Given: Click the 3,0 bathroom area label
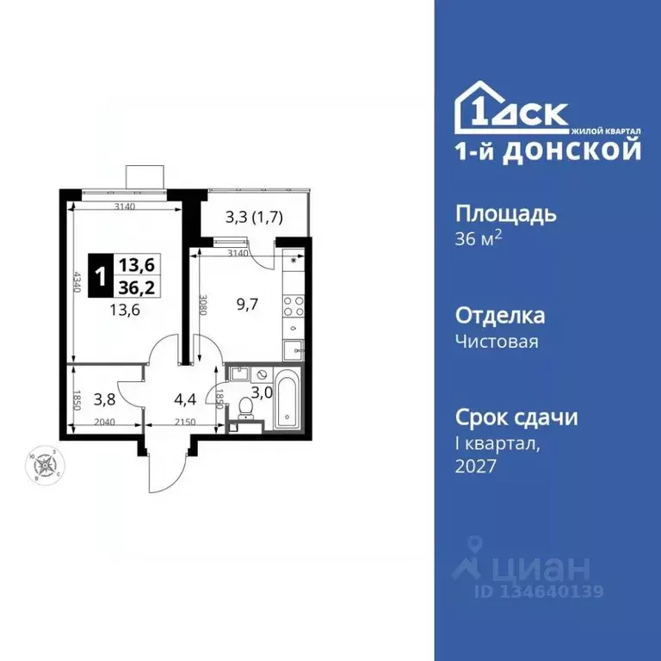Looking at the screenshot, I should coord(260,394).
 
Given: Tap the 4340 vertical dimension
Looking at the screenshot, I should coord(77,284).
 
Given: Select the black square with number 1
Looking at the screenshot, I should coord(102,276).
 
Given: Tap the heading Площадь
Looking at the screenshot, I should coord(505,213).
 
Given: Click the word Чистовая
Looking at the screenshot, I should coord(497,342).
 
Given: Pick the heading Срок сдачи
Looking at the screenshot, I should coord(516,417).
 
